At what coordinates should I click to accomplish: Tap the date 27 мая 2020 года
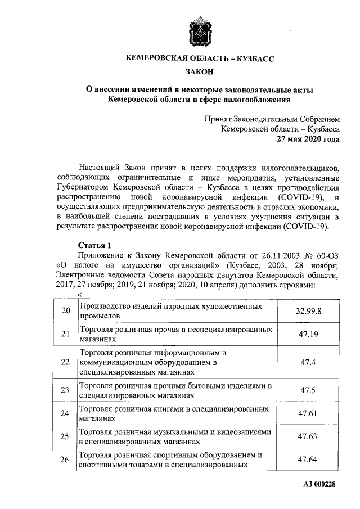308,139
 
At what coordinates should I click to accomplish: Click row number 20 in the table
66,310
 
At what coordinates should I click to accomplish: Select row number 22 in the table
66,362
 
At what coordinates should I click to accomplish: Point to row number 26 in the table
66,460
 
